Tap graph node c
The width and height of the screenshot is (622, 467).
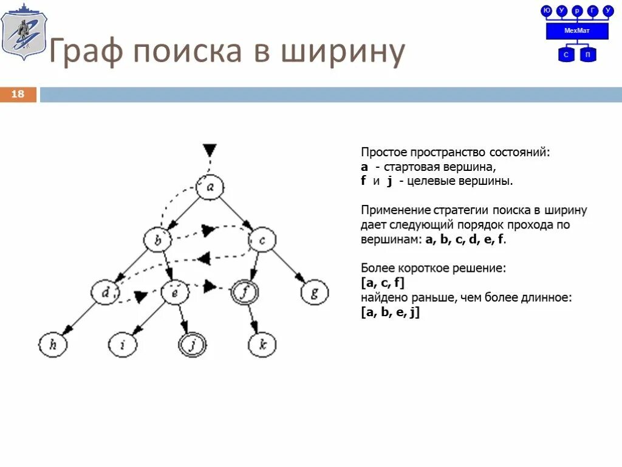262,240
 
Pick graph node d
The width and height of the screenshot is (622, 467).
106,292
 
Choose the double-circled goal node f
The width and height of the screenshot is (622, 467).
245,292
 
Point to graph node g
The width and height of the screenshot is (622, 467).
314,292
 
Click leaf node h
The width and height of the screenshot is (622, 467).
53,345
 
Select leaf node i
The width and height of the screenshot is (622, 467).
123,345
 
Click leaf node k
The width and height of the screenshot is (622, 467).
262,345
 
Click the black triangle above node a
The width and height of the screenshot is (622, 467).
210,150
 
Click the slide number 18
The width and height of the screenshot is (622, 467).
18,94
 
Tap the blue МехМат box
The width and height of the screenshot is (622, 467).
577,31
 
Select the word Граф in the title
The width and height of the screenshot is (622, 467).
84,52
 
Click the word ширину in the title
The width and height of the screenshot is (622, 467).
343,52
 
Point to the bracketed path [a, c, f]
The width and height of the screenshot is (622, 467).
382,283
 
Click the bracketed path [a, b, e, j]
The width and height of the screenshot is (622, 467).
390,313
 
